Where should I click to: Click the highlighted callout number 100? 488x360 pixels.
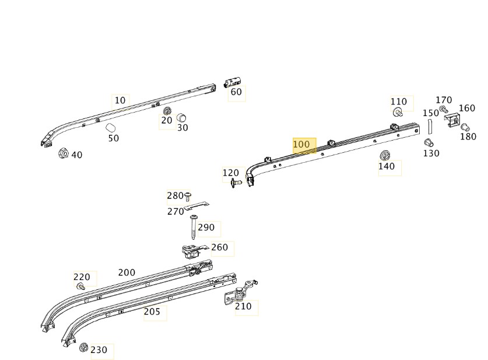click(x=301, y=144)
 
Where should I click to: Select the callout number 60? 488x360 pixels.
click(x=236, y=92)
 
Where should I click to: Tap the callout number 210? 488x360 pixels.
click(x=243, y=306)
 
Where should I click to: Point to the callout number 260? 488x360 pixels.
click(x=220, y=247)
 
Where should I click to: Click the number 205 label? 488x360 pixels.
click(x=152, y=312)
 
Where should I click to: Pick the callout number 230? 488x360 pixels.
click(x=99, y=350)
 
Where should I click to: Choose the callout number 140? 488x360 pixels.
click(x=387, y=166)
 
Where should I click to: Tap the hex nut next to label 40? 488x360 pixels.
click(x=63, y=153)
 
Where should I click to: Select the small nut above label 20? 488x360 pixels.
click(x=167, y=111)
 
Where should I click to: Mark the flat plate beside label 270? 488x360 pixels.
click(x=196, y=206)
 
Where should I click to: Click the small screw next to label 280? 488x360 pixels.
click(x=188, y=195)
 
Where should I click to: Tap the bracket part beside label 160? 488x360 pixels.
click(x=451, y=121)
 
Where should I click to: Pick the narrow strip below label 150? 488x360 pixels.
click(x=430, y=127)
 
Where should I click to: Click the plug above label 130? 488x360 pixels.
click(x=429, y=143)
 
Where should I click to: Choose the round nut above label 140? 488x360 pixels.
click(x=385, y=155)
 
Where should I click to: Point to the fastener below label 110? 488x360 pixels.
click(x=398, y=113)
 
